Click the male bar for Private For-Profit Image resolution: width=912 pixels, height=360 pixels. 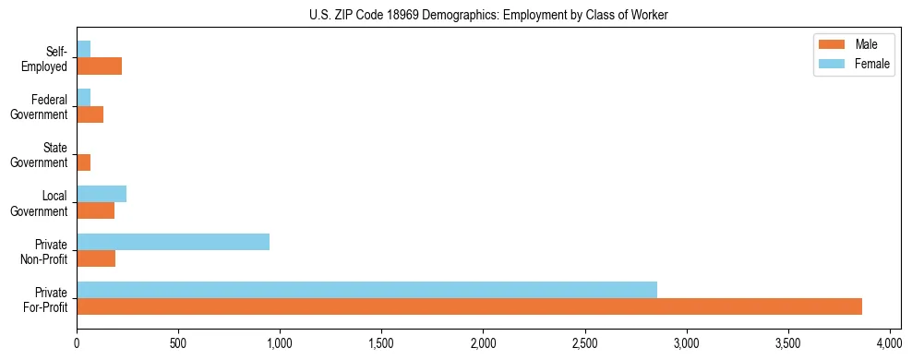[x=469, y=306]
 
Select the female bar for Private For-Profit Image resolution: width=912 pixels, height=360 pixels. [x=366, y=290]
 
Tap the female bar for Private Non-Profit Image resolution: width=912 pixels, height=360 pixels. [x=173, y=242]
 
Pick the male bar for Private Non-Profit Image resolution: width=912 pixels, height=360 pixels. [x=96, y=258]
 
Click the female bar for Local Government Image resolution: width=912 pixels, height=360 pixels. [x=102, y=194]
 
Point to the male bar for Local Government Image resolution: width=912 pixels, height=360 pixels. [x=95, y=210]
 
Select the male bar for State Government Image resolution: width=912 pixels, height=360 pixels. [x=83, y=162]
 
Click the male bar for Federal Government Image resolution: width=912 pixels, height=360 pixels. [x=90, y=114]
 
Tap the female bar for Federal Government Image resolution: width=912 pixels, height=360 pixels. [x=83, y=98]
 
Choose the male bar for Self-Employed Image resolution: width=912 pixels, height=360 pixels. [x=99, y=66]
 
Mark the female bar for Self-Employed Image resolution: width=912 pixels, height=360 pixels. [x=83, y=50]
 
